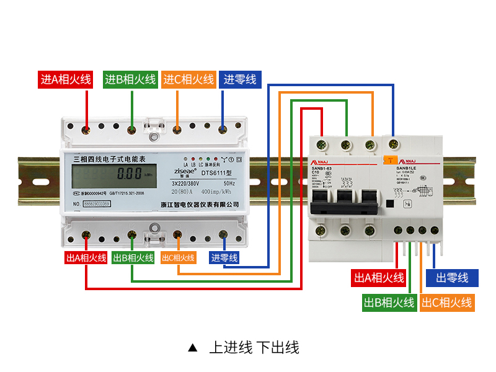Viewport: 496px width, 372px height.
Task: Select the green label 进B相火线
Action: click(x=130, y=79)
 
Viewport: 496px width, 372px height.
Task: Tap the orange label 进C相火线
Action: click(x=189, y=79)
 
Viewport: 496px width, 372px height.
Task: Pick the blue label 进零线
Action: click(x=240, y=79)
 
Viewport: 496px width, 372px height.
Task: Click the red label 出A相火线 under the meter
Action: click(x=86, y=257)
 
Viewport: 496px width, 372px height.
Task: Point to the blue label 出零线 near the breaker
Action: click(x=452, y=277)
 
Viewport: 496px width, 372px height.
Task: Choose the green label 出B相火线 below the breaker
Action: click(x=389, y=303)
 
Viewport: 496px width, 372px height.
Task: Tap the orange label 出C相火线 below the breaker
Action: click(x=446, y=303)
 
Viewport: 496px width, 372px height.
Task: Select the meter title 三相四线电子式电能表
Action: click(x=109, y=159)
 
